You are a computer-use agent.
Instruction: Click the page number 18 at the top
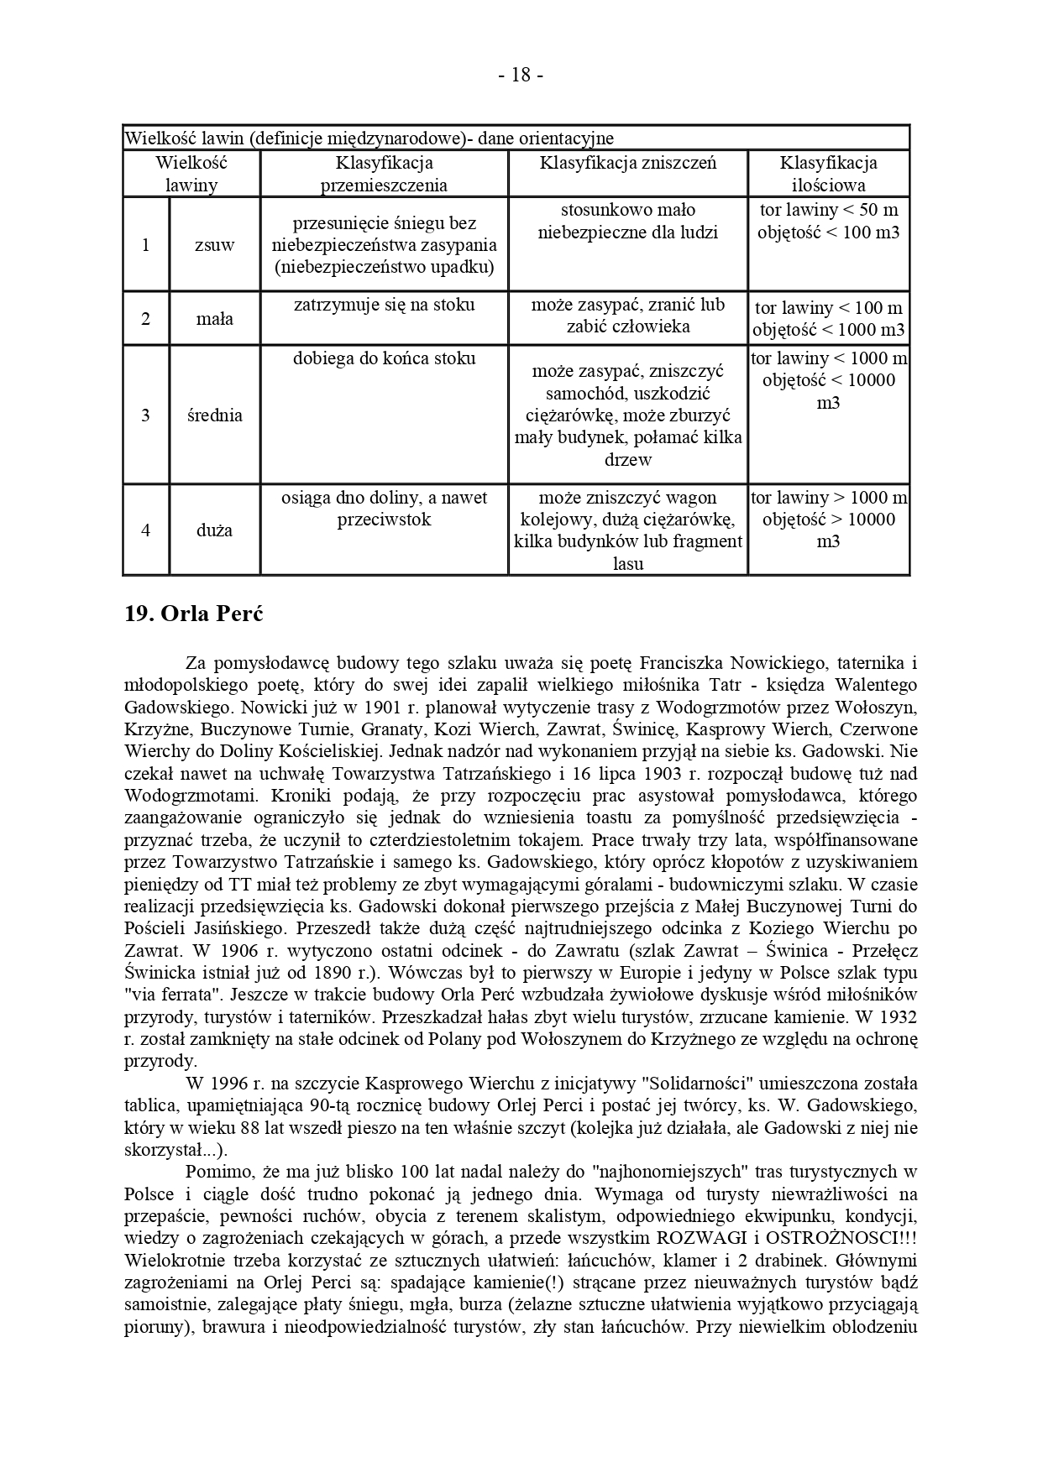521,76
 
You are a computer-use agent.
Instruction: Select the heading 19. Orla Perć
194,614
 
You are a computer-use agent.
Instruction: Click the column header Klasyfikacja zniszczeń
627,163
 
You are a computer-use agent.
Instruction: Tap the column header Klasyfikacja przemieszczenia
384,174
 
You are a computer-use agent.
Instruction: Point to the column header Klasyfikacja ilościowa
828,174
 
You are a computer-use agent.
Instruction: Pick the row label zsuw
214,245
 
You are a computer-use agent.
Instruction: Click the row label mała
214,319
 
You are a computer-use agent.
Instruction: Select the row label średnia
214,415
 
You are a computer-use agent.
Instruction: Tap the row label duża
214,530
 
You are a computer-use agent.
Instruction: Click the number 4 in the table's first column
146,530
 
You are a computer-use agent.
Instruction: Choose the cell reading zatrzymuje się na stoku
384,305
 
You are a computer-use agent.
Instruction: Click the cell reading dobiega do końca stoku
384,358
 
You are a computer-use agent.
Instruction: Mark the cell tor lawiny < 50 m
828,210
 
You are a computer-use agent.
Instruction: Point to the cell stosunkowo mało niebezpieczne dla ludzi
627,221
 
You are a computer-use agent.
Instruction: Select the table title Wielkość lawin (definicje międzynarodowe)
370,138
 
